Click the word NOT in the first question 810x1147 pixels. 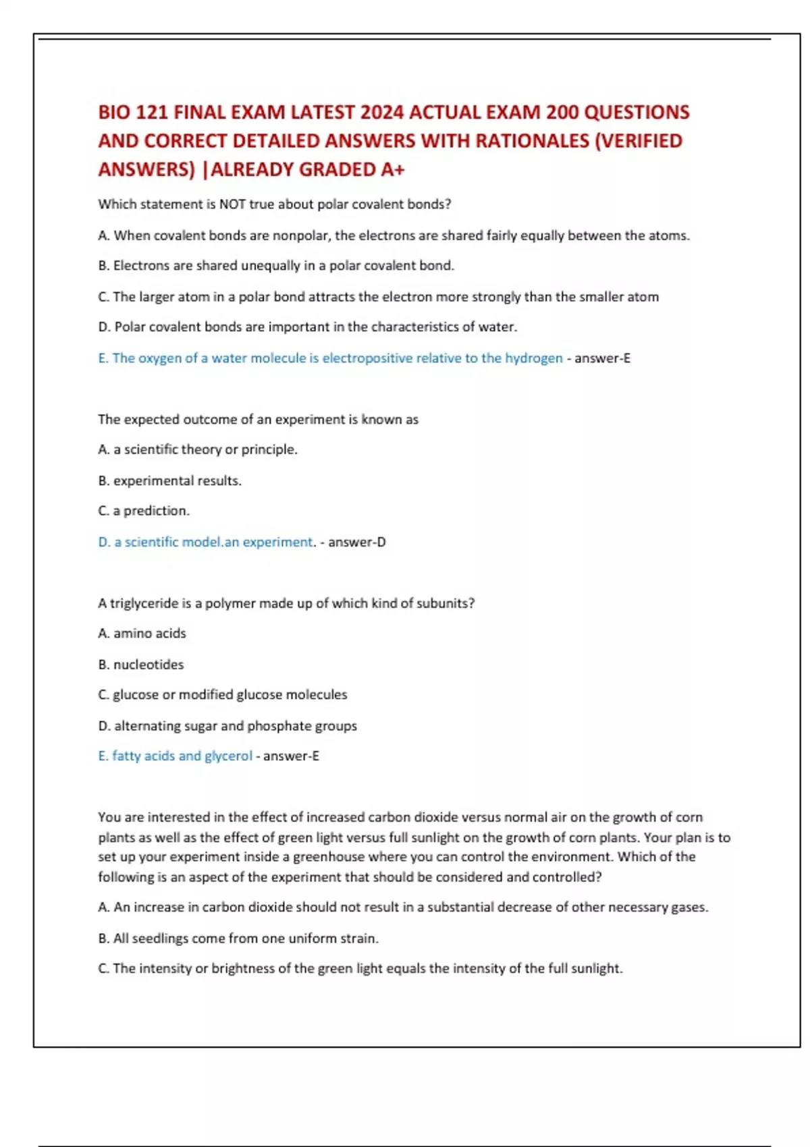(232, 204)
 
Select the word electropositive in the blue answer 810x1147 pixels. (367, 358)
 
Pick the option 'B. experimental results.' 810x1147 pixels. (169, 480)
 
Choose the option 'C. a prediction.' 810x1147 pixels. (144, 511)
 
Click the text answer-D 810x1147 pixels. (357, 542)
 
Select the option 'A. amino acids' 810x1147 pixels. (142, 634)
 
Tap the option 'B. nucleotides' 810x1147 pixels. (140, 665)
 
